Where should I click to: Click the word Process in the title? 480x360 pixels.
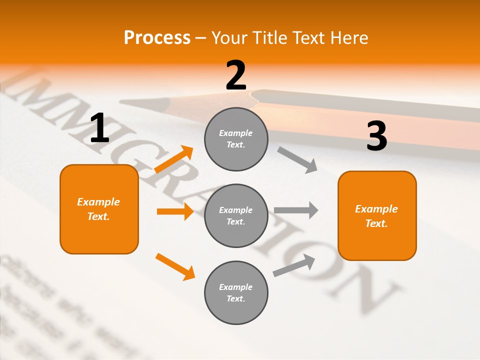point(157,37)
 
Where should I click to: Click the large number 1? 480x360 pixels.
point(99,128)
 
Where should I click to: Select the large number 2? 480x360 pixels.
point(236,75)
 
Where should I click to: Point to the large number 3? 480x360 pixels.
point(376,136)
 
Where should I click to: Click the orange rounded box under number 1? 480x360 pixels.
point(99,209)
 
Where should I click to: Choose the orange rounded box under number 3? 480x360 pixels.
point(377,215)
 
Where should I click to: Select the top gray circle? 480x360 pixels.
point(236,139)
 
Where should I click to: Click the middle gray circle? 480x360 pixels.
point(236,215)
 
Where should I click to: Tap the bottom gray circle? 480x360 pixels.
point(236,292)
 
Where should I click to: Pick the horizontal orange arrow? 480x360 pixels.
point(174,211)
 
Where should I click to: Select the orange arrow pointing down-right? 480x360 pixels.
point(175,266)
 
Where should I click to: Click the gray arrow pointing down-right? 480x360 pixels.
point(297,159)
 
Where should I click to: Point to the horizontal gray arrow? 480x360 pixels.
point(295,210)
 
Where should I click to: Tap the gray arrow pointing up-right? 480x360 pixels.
point(294,265)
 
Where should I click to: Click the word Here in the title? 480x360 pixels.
point(349,37)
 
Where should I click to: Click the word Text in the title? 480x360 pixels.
point(309,37)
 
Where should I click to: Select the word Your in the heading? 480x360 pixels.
point(228,37)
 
